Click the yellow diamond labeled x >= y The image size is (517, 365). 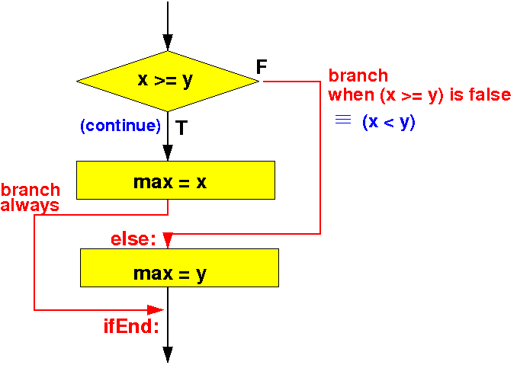click(168, 82)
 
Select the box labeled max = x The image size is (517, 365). click(175, 180)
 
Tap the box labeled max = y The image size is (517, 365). click(180, 267)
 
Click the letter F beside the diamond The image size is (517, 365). click(262, 67)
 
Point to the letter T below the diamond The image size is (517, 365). click(181, 128)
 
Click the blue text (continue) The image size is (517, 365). click(120, 126)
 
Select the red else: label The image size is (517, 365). click(133, 239)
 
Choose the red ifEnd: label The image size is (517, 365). click(131, 326)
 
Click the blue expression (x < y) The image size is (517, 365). click(389, 122)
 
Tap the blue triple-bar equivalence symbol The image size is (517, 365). click(343, 119)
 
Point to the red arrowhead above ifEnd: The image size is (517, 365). click(156, 310)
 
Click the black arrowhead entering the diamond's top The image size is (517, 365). click(168, 43)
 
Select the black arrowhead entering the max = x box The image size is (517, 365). click(168, 152)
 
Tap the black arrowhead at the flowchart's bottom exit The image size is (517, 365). click(168, 355)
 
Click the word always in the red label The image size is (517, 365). click(30, 205)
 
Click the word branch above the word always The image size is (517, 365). click(31, 190)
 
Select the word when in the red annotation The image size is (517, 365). click(352, 95)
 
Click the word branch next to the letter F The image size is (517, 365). click(358, 75)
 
